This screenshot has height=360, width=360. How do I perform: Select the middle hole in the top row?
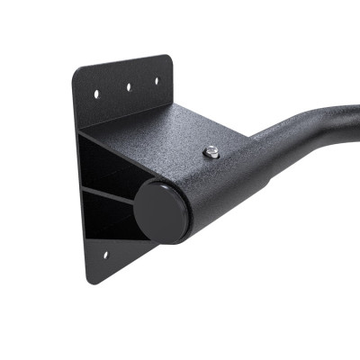pos(128,87)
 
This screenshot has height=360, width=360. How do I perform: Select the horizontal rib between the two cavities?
pos(108,193)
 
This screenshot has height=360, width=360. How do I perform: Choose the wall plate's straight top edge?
pos(121,65)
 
